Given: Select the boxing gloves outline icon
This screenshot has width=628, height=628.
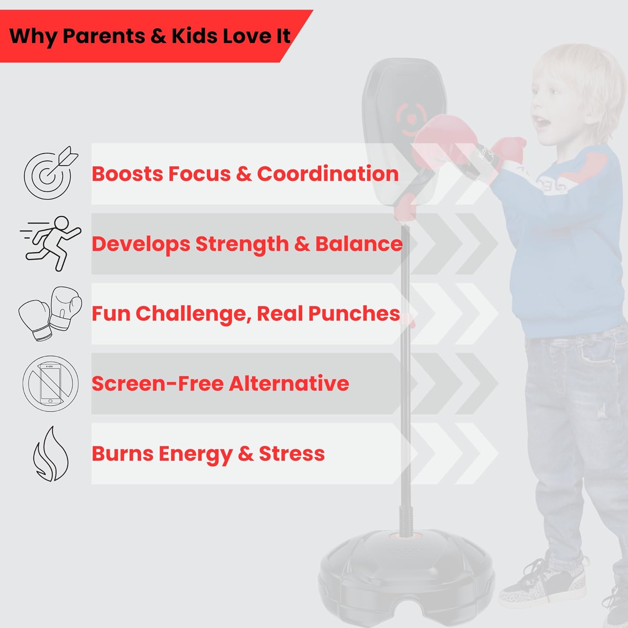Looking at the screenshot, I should (50, 313).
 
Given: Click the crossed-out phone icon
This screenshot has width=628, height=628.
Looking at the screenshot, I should (50, 383).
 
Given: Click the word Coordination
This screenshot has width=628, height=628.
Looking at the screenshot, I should (327, 174).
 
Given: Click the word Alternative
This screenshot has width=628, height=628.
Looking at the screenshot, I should (289, 383).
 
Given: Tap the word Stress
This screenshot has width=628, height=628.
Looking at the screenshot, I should (292, 453).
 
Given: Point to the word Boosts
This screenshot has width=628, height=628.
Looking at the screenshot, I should (127, 174).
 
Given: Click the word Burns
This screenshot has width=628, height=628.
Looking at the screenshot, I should (122, 453).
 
